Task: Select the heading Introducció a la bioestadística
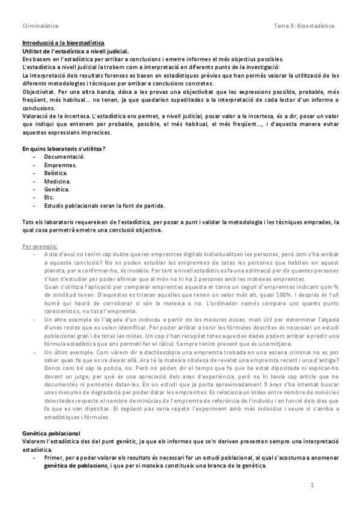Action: [63, 43]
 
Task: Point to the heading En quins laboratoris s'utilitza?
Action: [64, 149]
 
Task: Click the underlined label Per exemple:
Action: [40, 246]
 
